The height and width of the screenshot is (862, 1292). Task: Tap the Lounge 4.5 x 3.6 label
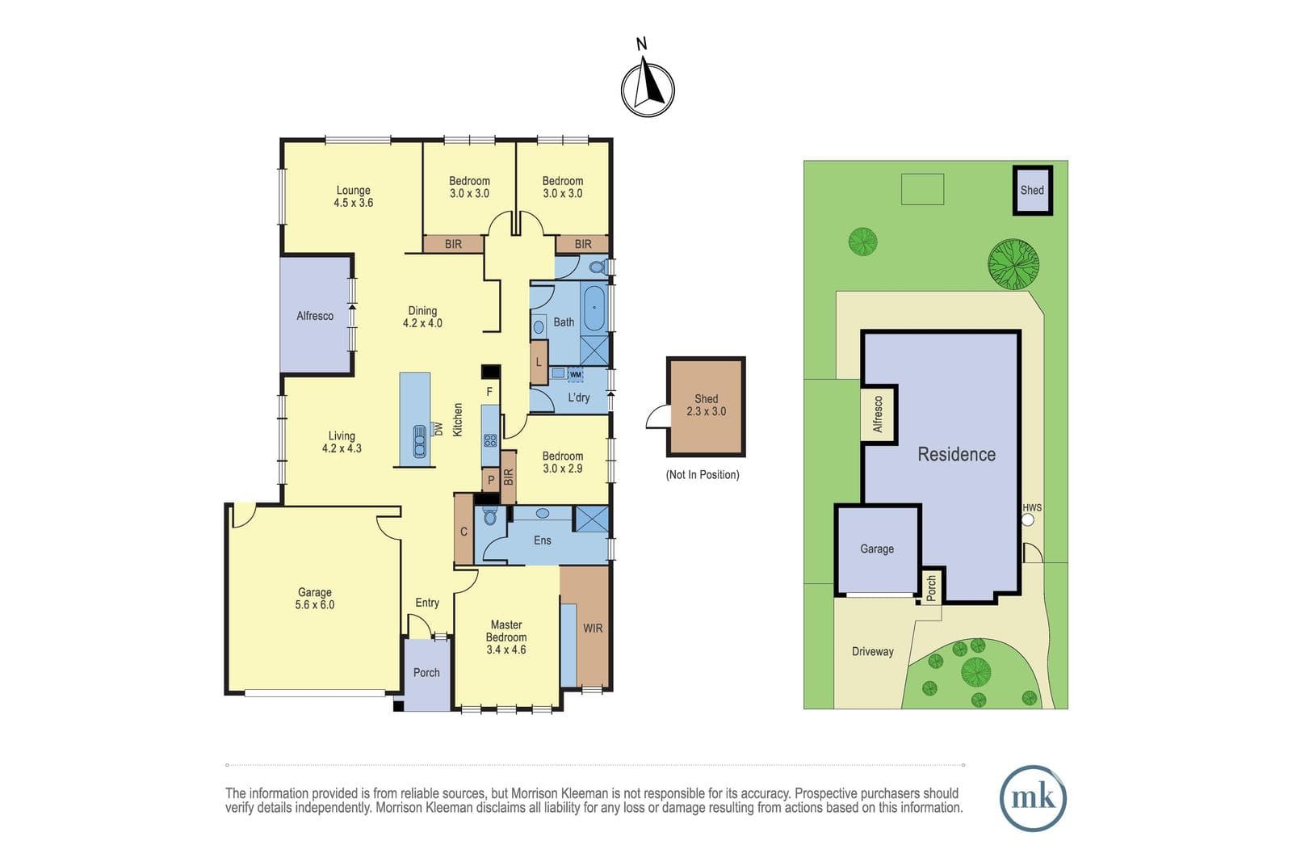[x=353, y=196]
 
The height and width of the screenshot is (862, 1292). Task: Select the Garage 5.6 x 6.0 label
[x=314, y=599]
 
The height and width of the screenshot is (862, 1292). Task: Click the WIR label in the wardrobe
[x=593, y=629]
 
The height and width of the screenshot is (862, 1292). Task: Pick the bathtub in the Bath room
[x=594, y=308]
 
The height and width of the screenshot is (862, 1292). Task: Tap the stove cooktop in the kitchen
[x=490, y=441]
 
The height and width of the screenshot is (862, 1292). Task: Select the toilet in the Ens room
[x=489, y=515]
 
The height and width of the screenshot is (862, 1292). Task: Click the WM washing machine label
[x=575, y=375]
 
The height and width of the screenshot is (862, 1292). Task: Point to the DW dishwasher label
[x=438, y=429]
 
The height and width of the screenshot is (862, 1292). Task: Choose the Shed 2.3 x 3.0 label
[x=706, y=405]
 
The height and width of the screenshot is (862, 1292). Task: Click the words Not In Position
[x=703, y=475]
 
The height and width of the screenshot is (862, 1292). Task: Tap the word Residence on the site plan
[x=956, y=455]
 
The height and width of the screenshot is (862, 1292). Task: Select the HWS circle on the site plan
[x=1027, y=519]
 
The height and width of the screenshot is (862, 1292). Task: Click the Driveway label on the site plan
[x=873, y=651]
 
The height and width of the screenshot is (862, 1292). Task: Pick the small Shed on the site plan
[x=1033, y=191]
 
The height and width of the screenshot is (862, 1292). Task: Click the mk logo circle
[x=1033, y=798]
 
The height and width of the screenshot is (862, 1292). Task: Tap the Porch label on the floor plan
[x=426, y=673]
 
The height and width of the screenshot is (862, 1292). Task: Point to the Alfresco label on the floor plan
[x=315, y=316]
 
